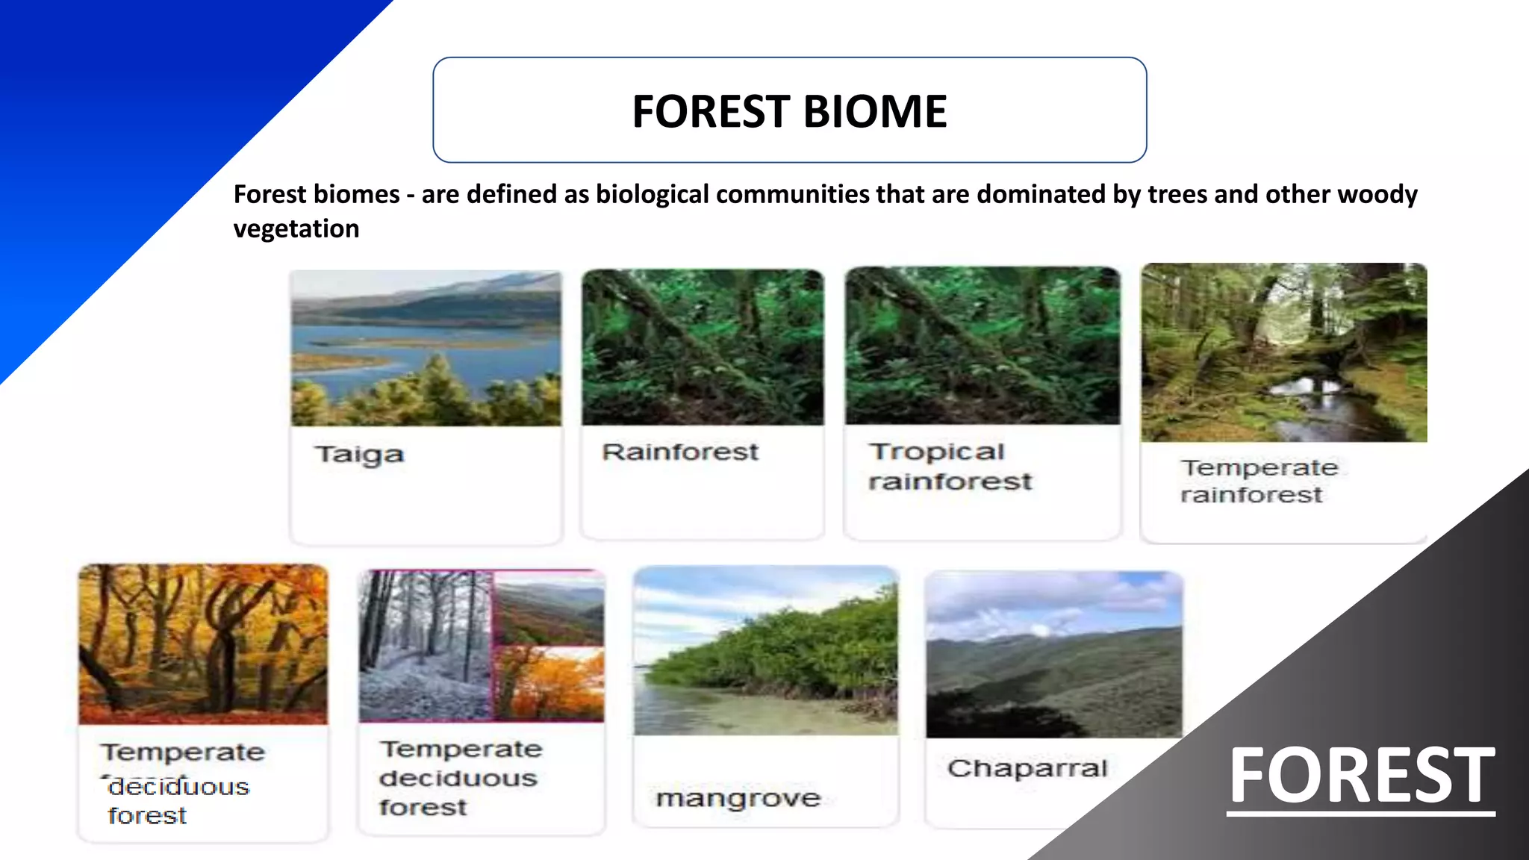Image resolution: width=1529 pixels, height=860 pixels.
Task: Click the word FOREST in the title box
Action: tap(711, 112)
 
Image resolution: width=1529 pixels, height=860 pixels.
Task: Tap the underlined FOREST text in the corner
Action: tap(1361, 776)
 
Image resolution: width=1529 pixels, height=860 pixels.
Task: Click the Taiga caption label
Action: tap(360, 455)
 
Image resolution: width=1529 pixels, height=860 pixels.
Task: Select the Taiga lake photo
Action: tap(426, 349)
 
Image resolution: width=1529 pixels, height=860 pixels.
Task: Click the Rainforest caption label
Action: tap(680, 452)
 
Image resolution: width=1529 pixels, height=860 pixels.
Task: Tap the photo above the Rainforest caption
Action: tap(703, 347)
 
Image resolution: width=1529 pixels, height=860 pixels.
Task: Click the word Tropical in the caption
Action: tap(937, 452)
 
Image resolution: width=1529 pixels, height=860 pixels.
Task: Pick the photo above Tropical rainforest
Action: tap(983, 346)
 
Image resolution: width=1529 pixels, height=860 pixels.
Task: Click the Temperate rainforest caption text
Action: tap(1259, 481)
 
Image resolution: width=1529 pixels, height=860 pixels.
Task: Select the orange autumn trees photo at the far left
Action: tap(203, 644)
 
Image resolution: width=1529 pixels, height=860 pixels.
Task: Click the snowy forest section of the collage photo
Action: tap(424, 646)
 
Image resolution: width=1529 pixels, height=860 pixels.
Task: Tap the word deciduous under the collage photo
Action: tap(458, 779)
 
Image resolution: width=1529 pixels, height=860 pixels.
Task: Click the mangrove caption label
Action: tap(738, 799)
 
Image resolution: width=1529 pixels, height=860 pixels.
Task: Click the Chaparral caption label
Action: tap(1027, 768)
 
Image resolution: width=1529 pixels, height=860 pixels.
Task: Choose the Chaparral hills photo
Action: tap(1053, 655)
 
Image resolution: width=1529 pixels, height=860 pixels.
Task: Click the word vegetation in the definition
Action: tap(296, 228)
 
